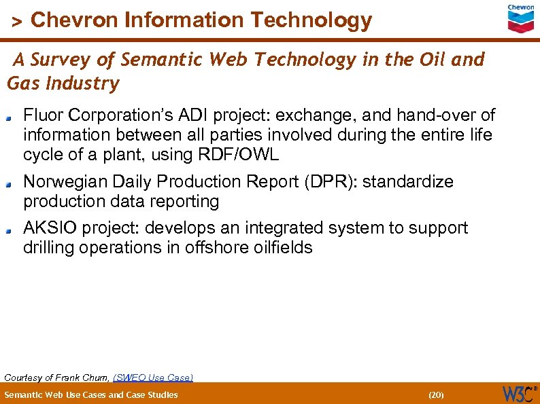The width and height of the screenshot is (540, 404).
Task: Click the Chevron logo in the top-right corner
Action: point(521,18)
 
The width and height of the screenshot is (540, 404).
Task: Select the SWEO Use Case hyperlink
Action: point(153,377)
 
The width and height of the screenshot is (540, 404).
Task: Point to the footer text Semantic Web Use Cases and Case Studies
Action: point(91,394)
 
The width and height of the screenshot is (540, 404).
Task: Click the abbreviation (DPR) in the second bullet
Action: point(328,181)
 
